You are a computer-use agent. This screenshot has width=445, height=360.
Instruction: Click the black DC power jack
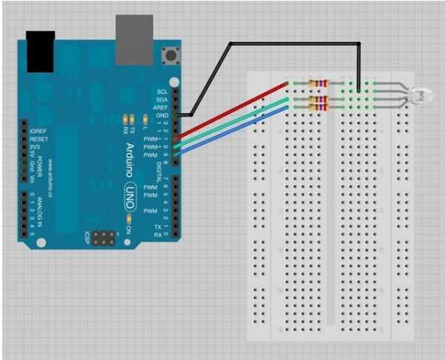coord(41,51)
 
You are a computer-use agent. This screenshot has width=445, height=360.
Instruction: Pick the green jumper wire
coord(237,121)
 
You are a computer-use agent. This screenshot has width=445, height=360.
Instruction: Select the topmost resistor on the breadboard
coord(319,83)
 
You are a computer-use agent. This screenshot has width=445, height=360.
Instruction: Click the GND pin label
coord(162,115)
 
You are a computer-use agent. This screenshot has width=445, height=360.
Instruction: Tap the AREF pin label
coord(161,107)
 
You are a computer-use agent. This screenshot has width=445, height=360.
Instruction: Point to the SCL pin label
coord(162,92)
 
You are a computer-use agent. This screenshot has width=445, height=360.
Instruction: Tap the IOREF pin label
coord(38,131)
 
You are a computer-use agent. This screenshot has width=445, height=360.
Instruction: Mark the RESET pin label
coord(38,138)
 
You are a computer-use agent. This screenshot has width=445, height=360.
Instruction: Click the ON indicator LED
coord(129,219)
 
